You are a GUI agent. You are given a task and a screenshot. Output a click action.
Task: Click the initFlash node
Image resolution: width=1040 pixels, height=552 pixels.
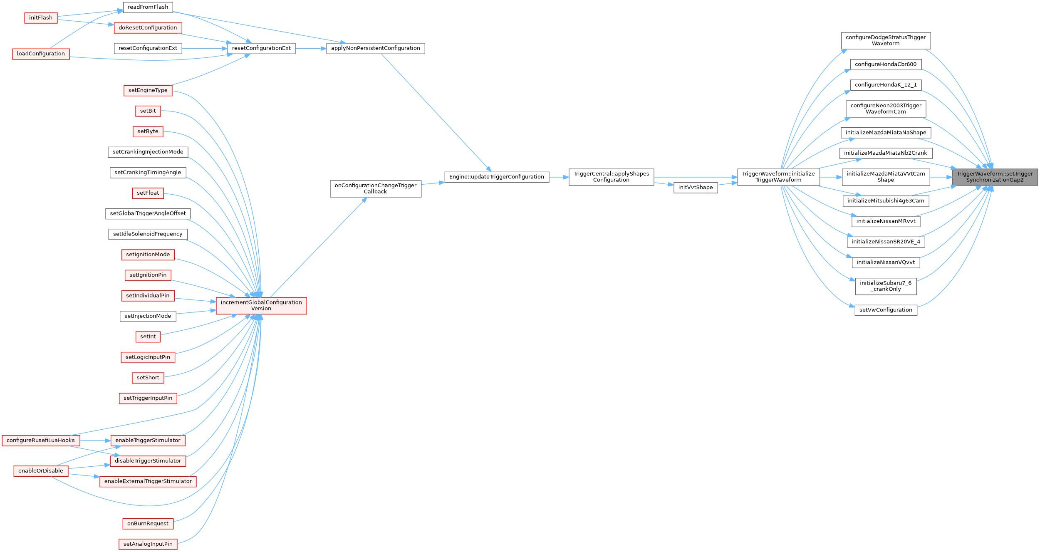41,18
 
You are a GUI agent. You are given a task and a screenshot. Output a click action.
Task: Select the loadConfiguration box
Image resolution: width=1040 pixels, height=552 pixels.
41,54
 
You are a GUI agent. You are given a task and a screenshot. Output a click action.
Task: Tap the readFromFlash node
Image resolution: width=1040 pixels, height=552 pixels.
148,7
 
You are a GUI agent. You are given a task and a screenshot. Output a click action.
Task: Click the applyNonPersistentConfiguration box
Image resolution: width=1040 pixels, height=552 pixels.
375,48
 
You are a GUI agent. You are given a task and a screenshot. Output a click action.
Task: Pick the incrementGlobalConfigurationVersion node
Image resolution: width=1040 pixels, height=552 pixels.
261,305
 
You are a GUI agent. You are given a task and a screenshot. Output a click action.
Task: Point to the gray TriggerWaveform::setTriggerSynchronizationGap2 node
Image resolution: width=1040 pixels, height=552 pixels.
995,177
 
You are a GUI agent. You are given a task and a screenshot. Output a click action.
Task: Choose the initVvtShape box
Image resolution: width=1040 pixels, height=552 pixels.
695,188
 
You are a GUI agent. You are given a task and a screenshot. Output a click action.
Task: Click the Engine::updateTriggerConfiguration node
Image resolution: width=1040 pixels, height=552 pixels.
496,177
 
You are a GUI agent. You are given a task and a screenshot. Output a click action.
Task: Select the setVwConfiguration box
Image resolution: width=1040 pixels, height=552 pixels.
886,310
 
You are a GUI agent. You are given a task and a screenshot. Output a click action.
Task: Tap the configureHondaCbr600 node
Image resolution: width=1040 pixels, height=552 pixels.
886,64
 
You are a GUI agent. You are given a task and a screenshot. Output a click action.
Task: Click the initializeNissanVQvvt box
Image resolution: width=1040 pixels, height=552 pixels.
886,262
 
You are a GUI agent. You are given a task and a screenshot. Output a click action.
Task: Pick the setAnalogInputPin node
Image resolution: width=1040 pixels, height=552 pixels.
148,544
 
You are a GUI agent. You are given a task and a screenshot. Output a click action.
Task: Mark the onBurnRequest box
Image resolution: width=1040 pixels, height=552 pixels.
148,524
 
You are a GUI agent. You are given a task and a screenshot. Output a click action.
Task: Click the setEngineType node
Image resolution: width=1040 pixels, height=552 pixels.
148,90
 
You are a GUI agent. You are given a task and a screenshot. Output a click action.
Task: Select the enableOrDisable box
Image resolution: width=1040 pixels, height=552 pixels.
41,471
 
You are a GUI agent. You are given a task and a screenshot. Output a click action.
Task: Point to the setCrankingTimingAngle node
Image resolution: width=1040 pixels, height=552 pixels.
148,173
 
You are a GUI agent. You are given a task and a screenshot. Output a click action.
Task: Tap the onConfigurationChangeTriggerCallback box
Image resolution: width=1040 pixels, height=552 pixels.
375,188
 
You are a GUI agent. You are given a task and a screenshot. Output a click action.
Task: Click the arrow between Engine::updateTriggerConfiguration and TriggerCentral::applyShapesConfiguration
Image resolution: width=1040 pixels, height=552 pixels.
559,177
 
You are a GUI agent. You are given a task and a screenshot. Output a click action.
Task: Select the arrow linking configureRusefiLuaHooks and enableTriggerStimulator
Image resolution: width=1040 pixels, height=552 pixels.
95,440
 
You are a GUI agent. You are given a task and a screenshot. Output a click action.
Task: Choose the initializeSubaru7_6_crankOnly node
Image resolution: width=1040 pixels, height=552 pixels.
886,286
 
